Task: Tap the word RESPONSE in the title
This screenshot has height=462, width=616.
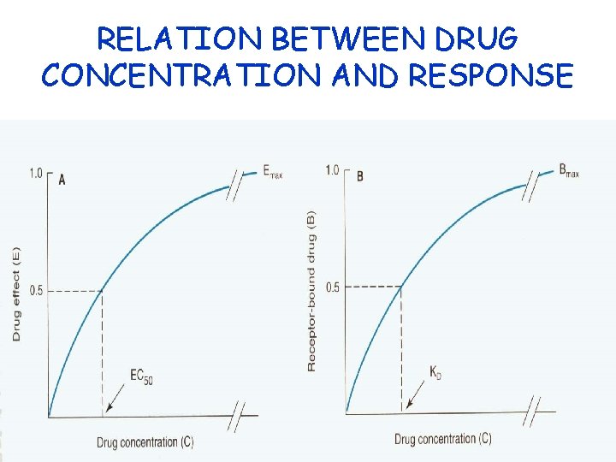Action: click(491, 75)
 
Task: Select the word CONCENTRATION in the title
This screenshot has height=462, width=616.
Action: click(174, 75)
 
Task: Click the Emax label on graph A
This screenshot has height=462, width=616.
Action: click(273, 174)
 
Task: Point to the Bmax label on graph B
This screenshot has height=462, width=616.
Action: click(569, 171)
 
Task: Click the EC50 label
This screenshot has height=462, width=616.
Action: click(141, 376)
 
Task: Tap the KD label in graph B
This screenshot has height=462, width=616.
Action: click(436, 373)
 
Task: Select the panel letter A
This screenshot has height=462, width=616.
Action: click(62, 179)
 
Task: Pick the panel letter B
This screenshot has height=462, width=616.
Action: click(359, 176)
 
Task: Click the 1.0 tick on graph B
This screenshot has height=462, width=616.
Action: click(333, 170)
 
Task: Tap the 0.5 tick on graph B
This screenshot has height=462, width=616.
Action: click(332, 287)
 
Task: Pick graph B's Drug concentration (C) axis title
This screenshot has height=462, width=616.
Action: click(442, 439)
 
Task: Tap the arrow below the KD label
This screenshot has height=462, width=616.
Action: click(415, 397)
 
